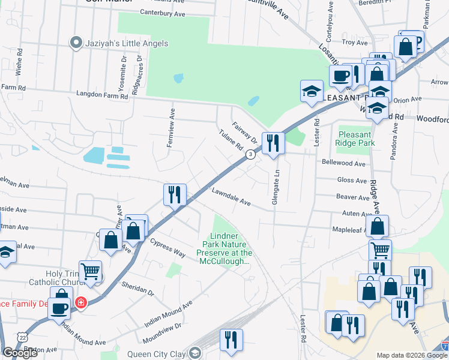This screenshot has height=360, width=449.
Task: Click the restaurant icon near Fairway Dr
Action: click(x=273, y=143)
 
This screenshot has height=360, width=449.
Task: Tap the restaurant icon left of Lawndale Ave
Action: click(x=175, y=194)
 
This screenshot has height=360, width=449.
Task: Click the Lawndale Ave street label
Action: click(x=231, y=197)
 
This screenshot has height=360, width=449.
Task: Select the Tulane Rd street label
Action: click(x=231, y=141)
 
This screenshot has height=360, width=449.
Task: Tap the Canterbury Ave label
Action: click(x=163, y=12)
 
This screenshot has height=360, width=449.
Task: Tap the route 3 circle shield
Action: click(x=250, y=154)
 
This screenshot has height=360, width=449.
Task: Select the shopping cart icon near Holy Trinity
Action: click(x=90, y=271)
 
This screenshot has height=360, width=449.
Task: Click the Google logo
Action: click(x=20, y=353)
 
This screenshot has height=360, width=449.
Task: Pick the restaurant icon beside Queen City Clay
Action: click(x=231, y=340)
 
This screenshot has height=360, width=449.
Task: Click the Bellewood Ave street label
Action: click(x=343, y=163)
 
